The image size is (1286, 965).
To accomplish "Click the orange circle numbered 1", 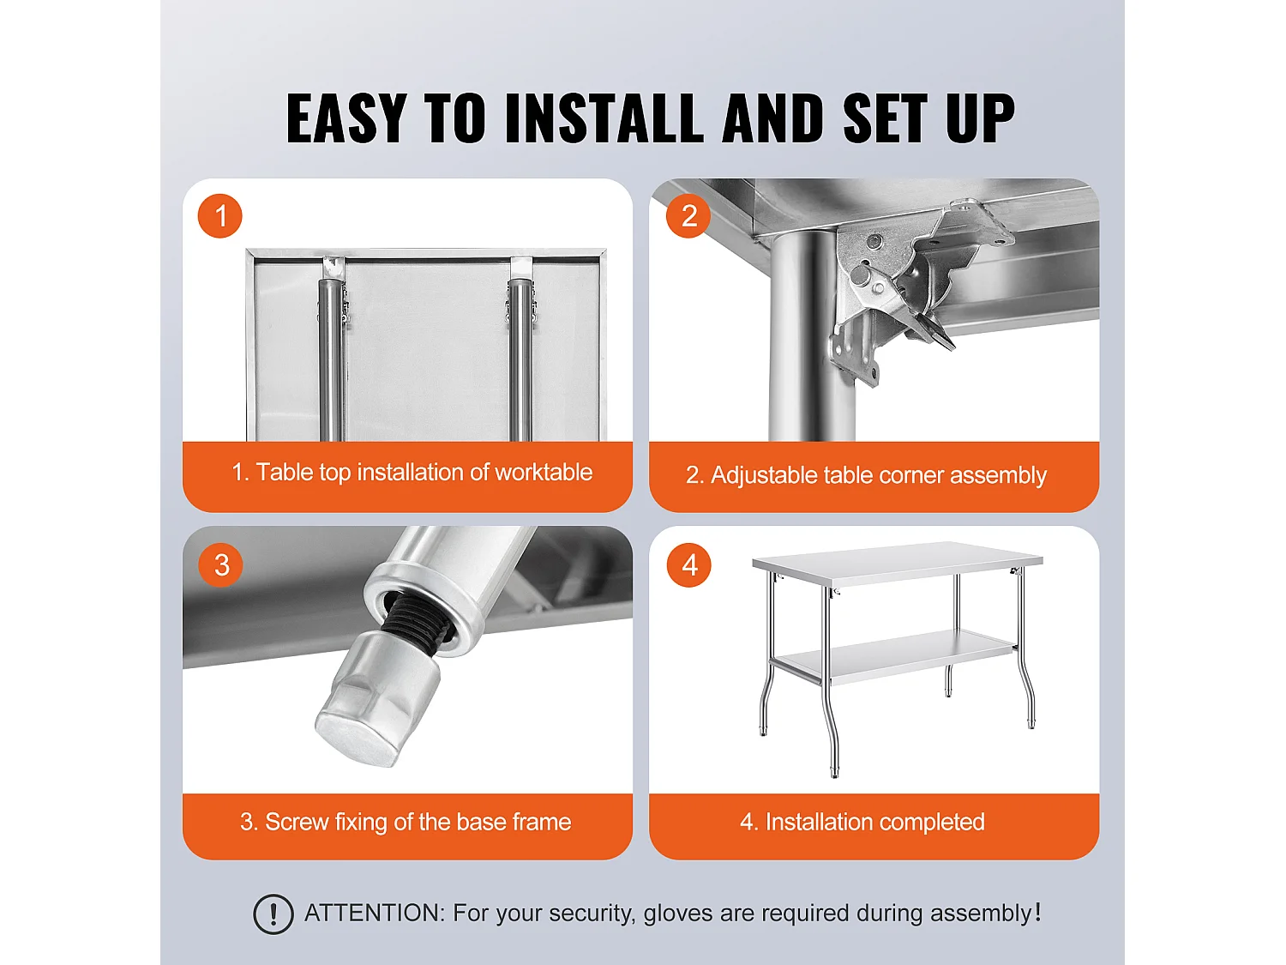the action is click(x=220, y=215).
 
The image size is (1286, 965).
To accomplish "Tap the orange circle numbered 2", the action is click(x=688, y=215).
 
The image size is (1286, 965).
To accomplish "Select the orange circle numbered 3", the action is click(x=221, y=564).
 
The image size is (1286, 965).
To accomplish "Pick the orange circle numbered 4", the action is click(x=689, y=564).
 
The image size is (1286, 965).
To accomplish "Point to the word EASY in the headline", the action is click(x=346, y=118).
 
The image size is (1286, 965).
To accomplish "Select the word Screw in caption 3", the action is click(x=297, y=822).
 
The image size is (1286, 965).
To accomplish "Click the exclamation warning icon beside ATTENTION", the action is click(x=273, y=914).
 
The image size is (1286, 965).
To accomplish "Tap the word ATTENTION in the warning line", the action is click(x=375, y=913).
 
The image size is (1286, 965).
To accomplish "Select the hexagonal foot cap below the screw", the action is click(x=378, y=702).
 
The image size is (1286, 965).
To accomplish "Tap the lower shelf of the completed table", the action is click(x=897, y=655).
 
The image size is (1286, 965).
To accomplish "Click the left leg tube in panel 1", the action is click(x=332, y=359).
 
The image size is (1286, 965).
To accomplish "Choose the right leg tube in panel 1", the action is click(x=520, y=359).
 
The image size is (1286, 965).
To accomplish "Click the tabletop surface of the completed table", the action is click(x=898, y=559).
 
